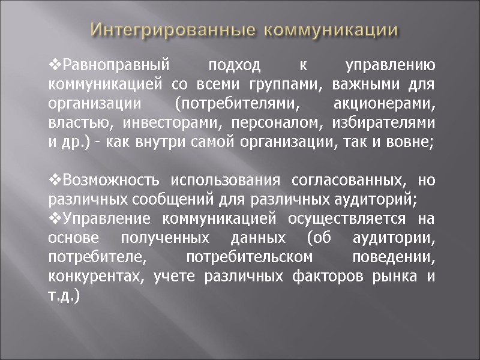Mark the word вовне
pos(414,142)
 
